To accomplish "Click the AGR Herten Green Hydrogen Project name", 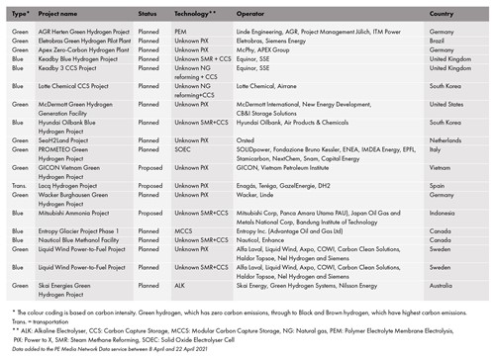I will pos(83,30).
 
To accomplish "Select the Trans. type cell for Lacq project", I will pos(14,185).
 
